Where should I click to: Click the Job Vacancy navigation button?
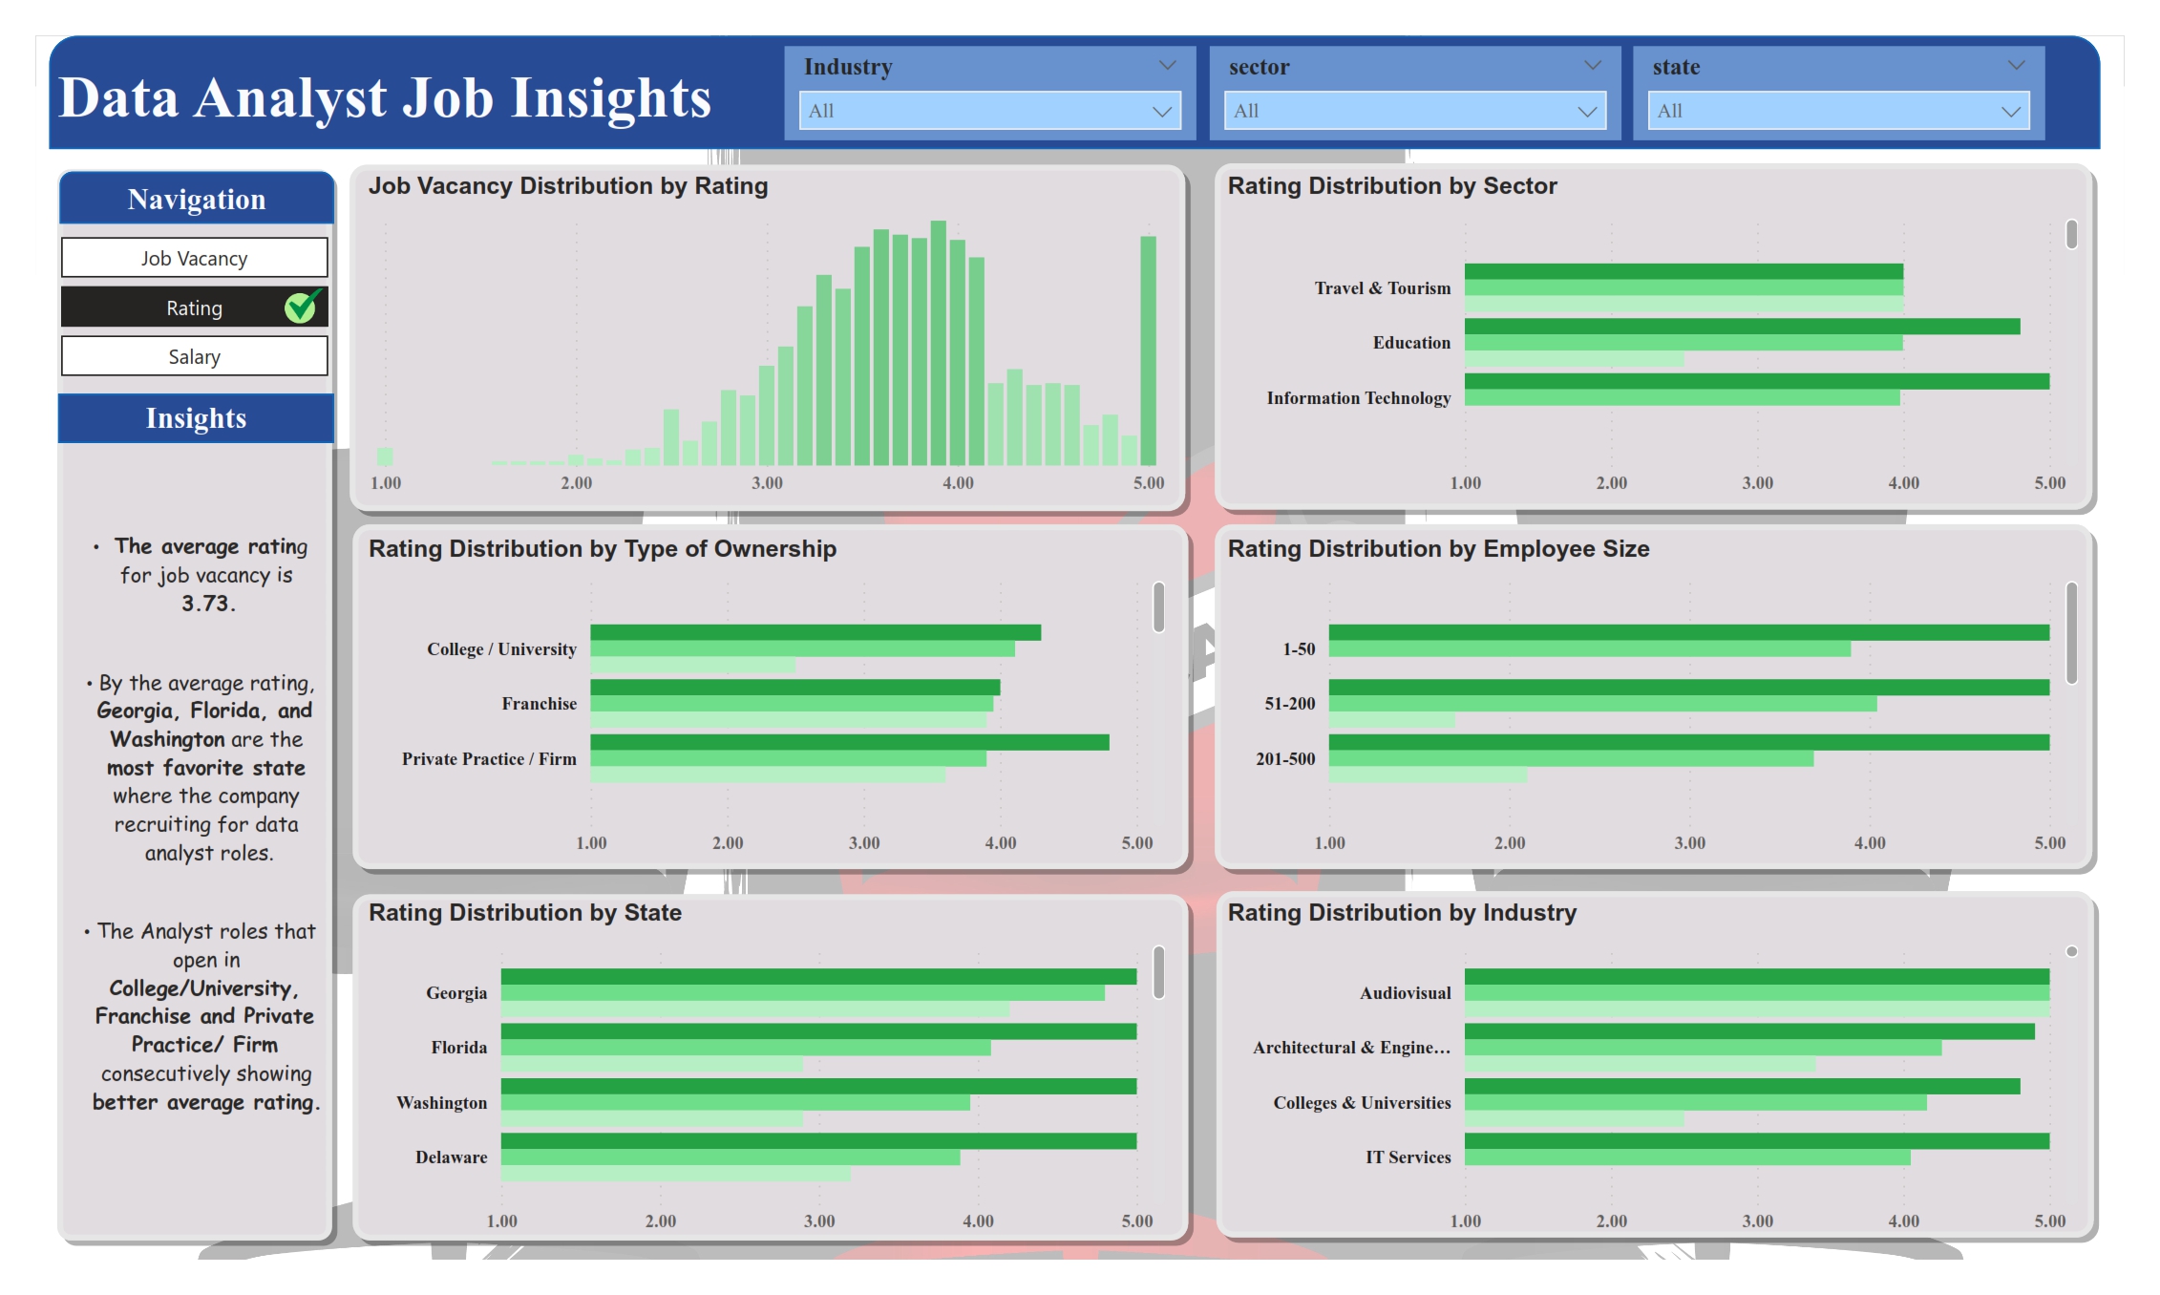coord(194,258)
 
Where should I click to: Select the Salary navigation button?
coord(194,356)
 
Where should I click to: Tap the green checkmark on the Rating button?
coord(302,307)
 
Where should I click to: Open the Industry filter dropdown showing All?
coord(989,111)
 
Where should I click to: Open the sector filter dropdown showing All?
coord(1414,111)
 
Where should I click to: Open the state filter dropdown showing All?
coord(1838,111)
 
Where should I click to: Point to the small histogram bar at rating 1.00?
coord(385,456)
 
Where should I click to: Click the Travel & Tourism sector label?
coord(1382,288)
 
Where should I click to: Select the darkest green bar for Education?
coord(1742,327)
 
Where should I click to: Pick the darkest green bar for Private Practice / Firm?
coord(849,742)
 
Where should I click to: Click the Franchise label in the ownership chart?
coord(539,704)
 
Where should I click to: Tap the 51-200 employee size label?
coord(1289,704)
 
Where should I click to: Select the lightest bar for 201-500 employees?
coord(1427,775)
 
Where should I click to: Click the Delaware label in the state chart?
coord(451,1157)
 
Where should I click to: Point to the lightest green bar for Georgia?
coord(754,1009)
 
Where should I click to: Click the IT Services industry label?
coord(1408,1157)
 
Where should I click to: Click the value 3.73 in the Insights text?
coord(207,604)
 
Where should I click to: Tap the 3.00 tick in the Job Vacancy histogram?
coord(767,483)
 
